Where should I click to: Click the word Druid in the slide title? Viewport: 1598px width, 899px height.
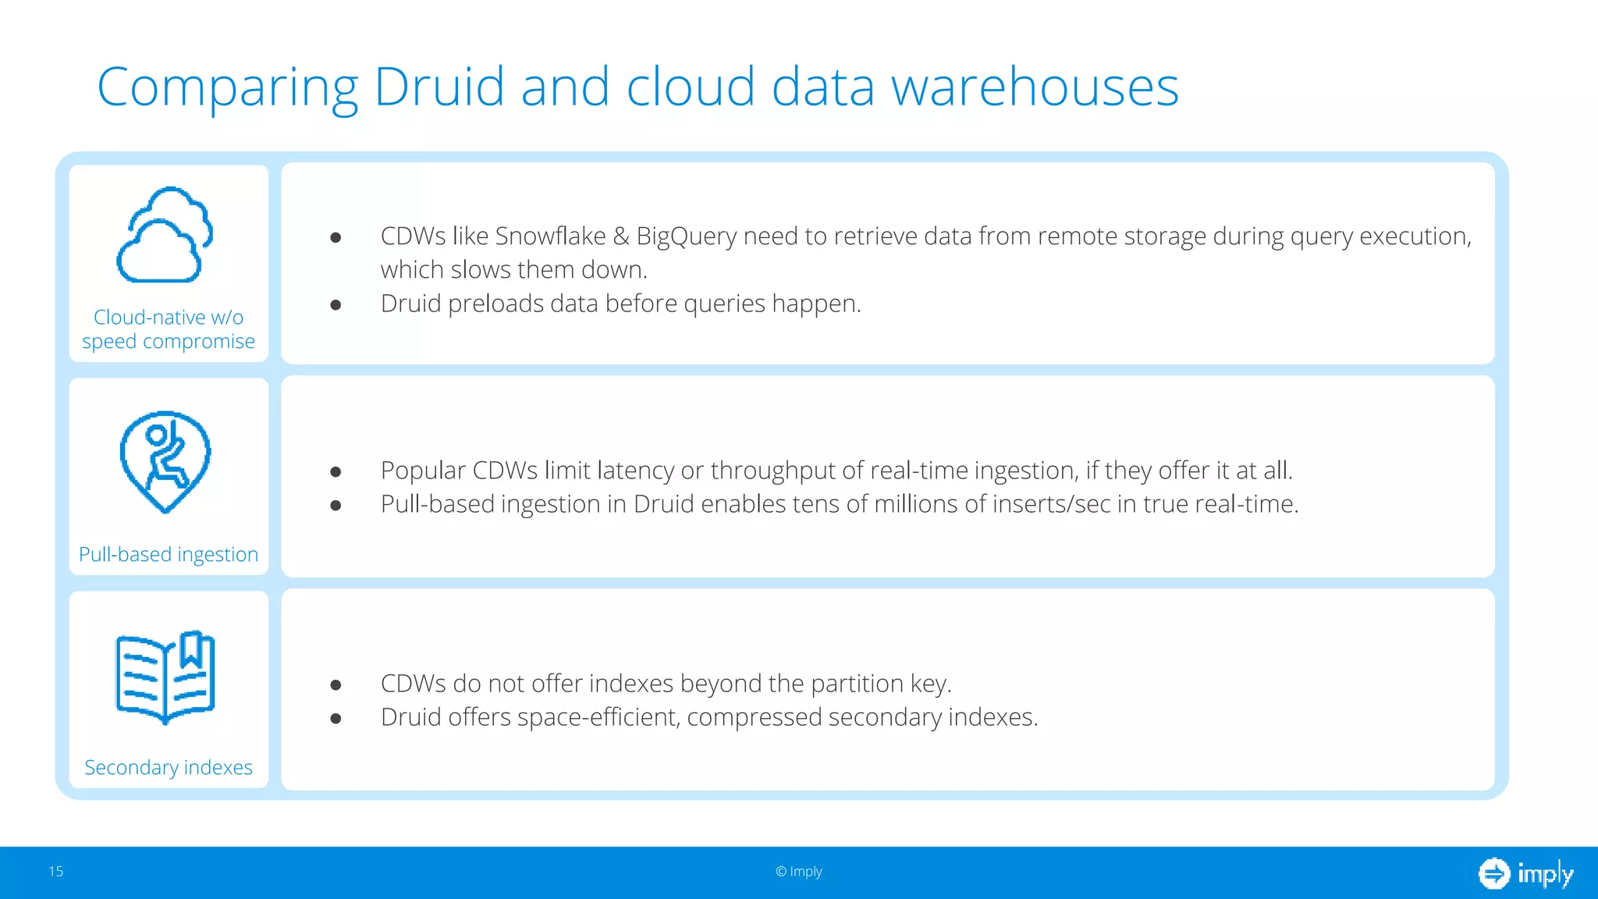pyautogui.click(x=439, y=86)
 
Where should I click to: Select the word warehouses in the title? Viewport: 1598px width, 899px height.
pyautogui.click(x=1035, y=86)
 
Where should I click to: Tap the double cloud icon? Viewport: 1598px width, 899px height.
pyautogui.click(x=165, y=234)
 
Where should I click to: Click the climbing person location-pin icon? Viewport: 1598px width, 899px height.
pyautogui.click(x=165, y=461)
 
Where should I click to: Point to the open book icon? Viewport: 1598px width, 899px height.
pyautogui.click(x=165, y=677)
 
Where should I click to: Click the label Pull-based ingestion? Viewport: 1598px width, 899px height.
pyautogui.click(x=169, y=554)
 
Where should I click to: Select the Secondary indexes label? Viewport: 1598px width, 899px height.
pyautogui.click(x=169, y=767)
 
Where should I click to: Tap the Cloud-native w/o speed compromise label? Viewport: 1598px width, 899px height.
pyautogui.click(x=169, y=329)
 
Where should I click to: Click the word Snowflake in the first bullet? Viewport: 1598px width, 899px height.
pyautogui.click(x=550, y=236)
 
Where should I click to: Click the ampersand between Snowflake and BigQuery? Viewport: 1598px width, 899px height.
pyautogui.click(x=621, y=236)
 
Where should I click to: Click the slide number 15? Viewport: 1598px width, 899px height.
pyautogui.click(x=56, y=872)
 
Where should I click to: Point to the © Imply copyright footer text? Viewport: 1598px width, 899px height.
pyautogui.click(x=799, y=872)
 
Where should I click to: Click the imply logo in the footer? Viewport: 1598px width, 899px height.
pyautogui.click(x=1525, y=873)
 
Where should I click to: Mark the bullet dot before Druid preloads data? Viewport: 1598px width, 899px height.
pyautogui.click(x=336, y=304)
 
